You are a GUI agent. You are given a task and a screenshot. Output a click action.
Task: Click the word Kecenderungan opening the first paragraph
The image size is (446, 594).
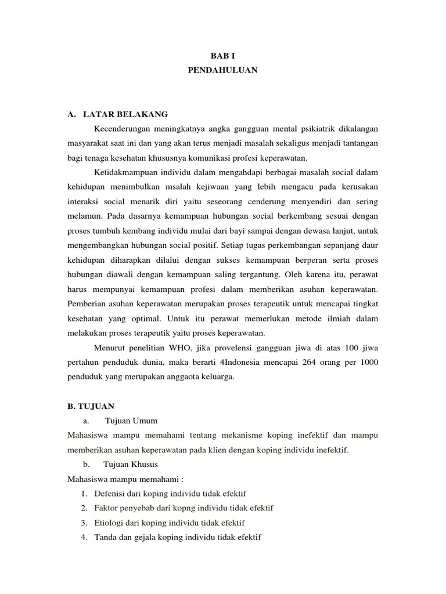point(124,128)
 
